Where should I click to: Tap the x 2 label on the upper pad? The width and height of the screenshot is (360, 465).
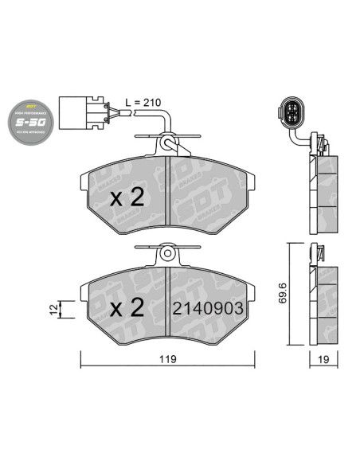(126, 197)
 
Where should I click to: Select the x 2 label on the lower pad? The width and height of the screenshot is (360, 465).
(126, 306)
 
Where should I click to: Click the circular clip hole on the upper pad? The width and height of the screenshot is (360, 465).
(169, 143)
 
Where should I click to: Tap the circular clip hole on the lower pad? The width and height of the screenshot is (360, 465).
(169, 253)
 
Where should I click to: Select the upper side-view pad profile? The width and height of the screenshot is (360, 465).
(322, 191)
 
